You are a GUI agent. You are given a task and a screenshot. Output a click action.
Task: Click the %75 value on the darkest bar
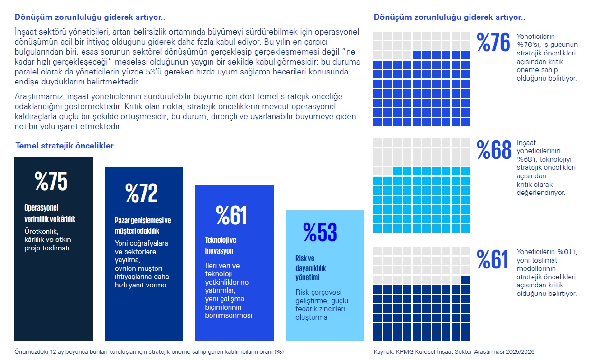tap(51, 181)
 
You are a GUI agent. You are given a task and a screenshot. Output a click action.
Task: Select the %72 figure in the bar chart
tap(141, 193)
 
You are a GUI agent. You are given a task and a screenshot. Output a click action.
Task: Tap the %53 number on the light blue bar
tap(320, 232)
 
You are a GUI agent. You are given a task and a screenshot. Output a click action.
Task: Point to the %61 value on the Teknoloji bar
tap(231, 215)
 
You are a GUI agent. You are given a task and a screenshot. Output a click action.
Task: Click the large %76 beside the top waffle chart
tap(493, 43)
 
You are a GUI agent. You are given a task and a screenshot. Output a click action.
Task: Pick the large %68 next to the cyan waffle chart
tap(494, 150)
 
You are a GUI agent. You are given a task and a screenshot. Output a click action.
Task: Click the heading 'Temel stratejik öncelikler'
tap(65, 146)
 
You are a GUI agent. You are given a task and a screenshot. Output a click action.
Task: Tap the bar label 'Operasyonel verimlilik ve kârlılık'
tap(50, 213)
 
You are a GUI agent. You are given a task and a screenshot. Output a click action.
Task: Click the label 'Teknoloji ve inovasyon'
tap(221, 245)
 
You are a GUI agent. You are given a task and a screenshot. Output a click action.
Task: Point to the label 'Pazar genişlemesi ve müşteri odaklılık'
tap(143, 226)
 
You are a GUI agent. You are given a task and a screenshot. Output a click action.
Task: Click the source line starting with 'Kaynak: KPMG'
tap(454, 352)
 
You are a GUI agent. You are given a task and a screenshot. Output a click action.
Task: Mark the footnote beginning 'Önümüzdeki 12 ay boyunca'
tap(149, 352)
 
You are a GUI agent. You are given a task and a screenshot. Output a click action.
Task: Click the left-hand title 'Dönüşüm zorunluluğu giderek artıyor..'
tap(90, 18)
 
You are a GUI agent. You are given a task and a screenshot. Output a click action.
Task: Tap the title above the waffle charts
tap(449, 18)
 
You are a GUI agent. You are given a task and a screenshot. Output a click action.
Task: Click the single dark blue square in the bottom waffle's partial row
tap(465, 279)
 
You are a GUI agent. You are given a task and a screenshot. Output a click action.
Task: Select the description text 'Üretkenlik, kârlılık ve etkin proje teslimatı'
tap(47, 240)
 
